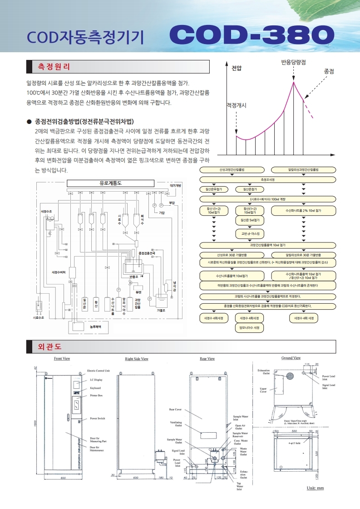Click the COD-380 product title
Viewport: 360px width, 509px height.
[252, 35]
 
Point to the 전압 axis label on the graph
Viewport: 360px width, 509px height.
[237, 68]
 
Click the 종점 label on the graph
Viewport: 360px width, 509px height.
[329, 71]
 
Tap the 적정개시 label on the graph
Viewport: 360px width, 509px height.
[236, 105]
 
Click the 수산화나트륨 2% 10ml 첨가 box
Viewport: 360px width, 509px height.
[303, 211]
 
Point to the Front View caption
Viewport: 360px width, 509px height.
[62, 358]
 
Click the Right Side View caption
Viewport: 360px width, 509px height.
[137, 359]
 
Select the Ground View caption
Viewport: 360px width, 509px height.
[291, 358]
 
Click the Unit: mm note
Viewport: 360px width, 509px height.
[315, 488]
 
